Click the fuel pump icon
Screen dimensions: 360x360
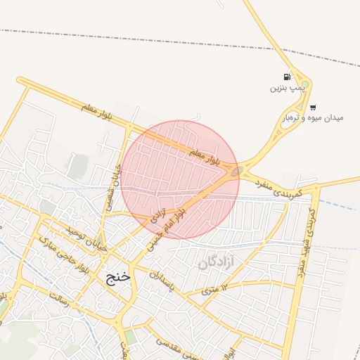[x=286, y=77]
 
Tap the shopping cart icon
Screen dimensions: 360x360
[x=313, y=108]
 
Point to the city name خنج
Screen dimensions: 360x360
[x=117, y=276]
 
